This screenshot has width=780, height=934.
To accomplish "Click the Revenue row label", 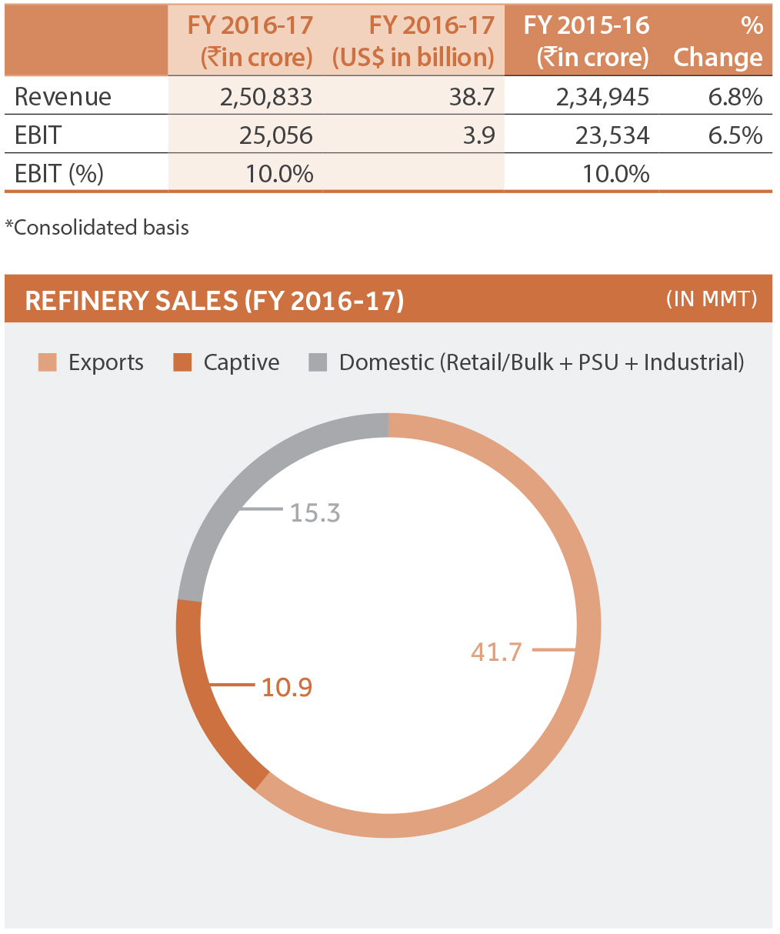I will (x=63, y=97).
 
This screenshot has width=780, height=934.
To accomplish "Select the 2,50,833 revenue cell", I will (x=265, y=97).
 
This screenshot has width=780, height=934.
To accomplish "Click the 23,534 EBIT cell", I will (x=612, y=136).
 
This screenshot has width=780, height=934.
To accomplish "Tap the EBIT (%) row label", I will (x=59, y=174).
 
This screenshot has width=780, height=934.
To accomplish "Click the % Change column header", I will (x=718, y=42).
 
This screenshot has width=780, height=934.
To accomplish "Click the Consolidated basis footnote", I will (x=97, y=228).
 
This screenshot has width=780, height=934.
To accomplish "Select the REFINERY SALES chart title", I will (x=215, y=300).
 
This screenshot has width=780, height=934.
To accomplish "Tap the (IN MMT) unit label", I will (x=712, y=299).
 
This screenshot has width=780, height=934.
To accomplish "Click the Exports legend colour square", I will (x=48, y=362).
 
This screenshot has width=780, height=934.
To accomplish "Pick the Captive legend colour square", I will (x=182, y=362).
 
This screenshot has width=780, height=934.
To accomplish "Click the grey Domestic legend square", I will (x=318, y=362).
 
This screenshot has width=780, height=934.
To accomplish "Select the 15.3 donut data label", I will (x=315, y=513).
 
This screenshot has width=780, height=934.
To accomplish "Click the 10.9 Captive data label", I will (x=287, y=687).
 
